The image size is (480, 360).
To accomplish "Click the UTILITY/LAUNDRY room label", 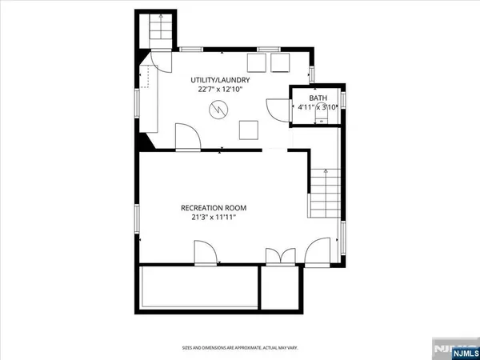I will click(x=220, y=81).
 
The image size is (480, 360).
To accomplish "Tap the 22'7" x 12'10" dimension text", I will click(x=221, y=90).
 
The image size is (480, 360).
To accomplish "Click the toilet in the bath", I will click(x=322, y=118).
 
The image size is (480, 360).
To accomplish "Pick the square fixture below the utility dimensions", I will click(x=251, y=129).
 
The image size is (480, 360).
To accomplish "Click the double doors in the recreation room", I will click(x=282, y=256).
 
